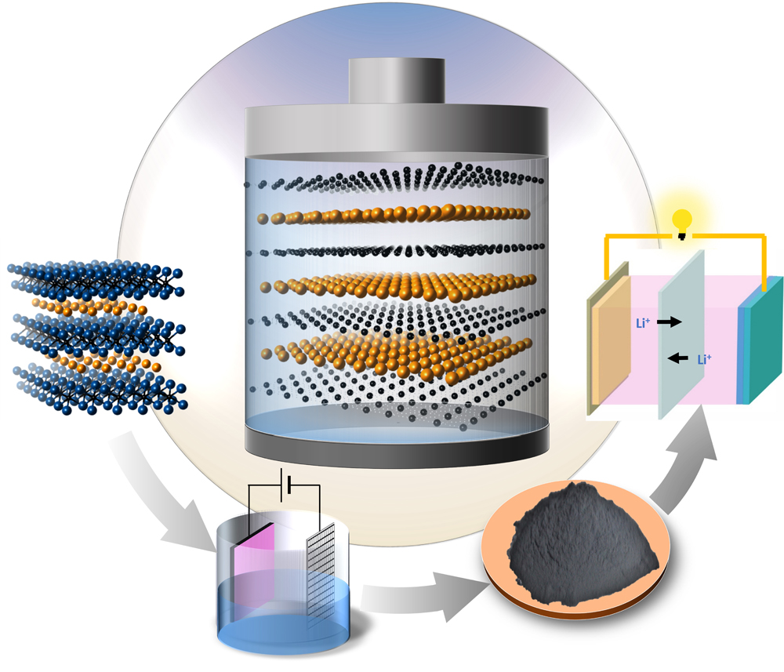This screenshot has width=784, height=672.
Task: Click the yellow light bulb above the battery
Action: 684,220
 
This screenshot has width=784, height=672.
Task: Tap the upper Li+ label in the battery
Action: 642,321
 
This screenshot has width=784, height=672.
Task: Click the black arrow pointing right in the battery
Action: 670,321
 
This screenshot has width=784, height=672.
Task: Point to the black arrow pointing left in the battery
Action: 675,358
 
